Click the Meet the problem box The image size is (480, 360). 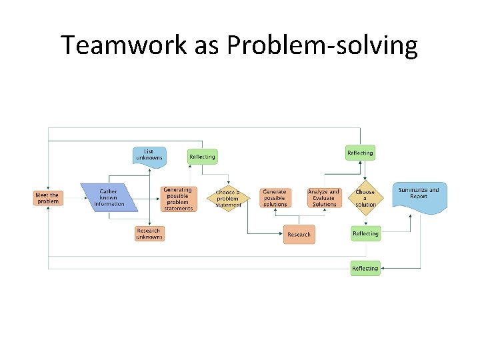pos(47,198)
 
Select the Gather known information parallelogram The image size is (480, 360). pos(109,198)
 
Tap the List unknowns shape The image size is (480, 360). pos(149,155)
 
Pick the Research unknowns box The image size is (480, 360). pos(149,234)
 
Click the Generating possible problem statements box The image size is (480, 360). pos(178,199)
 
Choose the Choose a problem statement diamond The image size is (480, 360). pos(228,199)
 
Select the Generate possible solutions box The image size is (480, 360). pos(275,199)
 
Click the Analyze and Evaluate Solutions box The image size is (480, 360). pos(324,199)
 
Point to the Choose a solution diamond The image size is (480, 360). pos(365,199)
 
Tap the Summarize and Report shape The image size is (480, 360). pos(419,195)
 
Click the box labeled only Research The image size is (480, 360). pos(299,235)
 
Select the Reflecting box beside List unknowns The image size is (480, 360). pos(202,157)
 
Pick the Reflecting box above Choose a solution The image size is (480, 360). pos(360,153)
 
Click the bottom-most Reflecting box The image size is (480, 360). pos(365,269)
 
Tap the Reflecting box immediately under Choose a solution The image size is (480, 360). pos(365,234)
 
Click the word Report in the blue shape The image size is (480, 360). pos(419,197)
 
